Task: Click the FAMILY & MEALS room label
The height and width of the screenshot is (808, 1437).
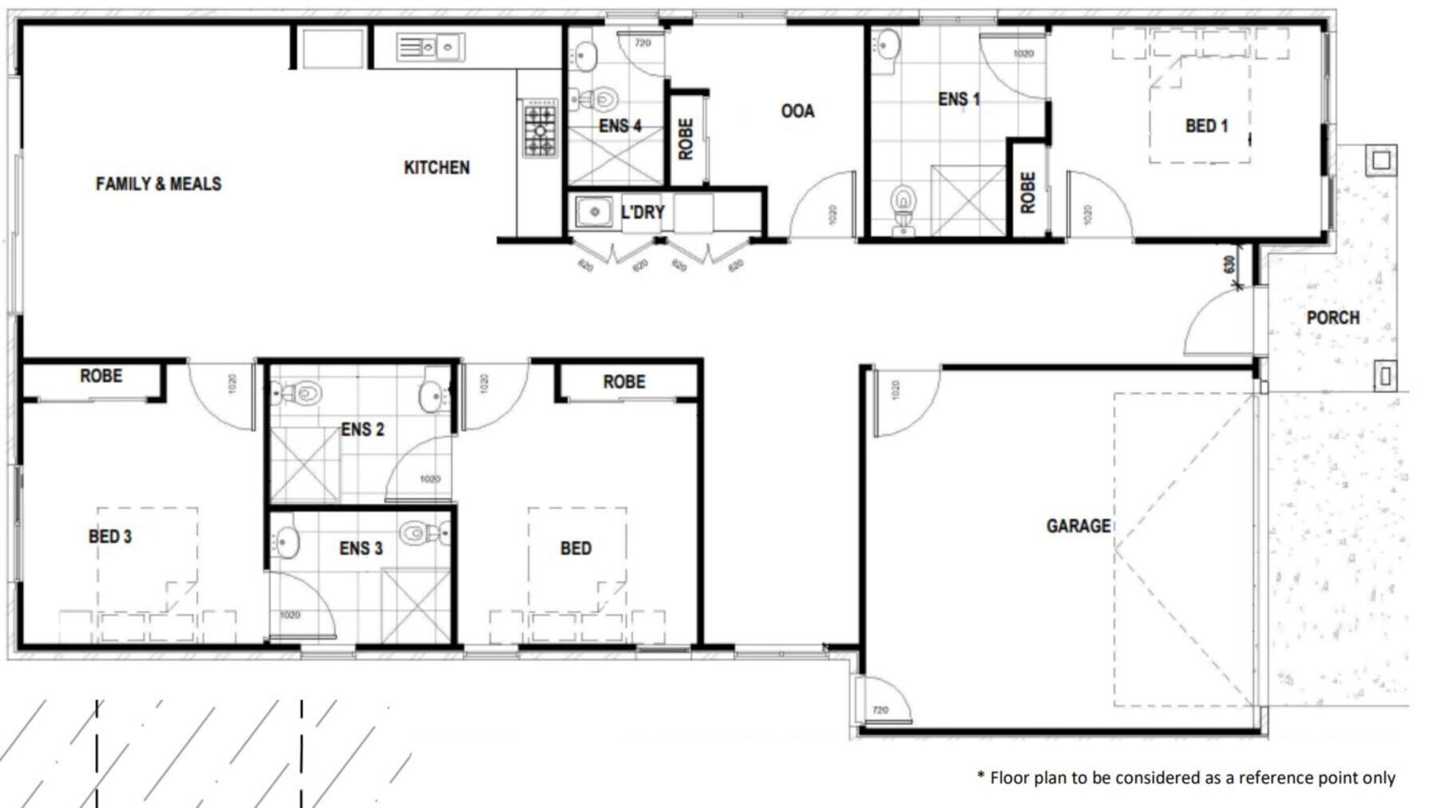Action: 158,184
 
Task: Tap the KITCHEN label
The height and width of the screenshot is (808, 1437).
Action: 437,168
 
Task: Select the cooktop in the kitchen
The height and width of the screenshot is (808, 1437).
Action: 540,129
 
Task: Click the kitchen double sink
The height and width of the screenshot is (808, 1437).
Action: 431,48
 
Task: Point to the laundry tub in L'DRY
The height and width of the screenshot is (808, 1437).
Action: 594,212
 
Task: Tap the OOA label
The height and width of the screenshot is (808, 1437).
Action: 798,111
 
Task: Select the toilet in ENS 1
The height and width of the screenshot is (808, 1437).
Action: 903,204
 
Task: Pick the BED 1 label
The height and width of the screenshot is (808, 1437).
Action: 1206,126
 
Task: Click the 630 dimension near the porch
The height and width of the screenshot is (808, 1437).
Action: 1229,263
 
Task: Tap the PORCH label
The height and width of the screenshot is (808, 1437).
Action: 1332,318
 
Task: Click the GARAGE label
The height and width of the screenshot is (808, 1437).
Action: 1078,525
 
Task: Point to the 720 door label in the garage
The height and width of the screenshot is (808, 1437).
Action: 880,710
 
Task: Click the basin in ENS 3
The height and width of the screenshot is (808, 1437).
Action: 287,541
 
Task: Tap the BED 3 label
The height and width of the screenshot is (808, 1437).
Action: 110,537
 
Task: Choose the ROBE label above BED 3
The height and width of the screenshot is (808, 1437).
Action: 101,375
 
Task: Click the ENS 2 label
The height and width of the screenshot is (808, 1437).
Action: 362,430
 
